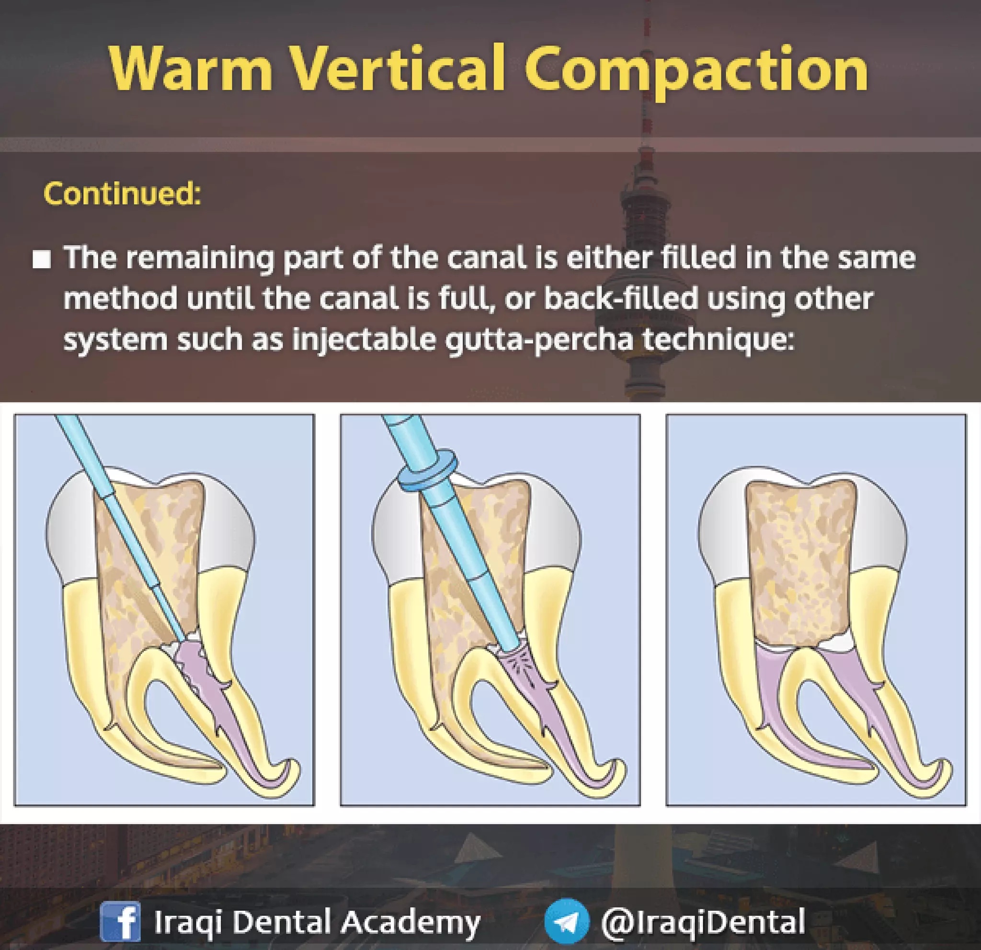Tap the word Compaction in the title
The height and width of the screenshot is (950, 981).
point(696,70)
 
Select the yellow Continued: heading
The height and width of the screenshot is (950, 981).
point(122,193)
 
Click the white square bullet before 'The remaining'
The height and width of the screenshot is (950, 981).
point(42,260)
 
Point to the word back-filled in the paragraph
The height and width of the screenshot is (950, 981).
point(621,299)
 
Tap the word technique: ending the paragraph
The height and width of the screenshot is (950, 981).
point(718,340)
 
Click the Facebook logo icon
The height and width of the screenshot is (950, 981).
point(120,921)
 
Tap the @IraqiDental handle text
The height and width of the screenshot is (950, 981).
point(703,921)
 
